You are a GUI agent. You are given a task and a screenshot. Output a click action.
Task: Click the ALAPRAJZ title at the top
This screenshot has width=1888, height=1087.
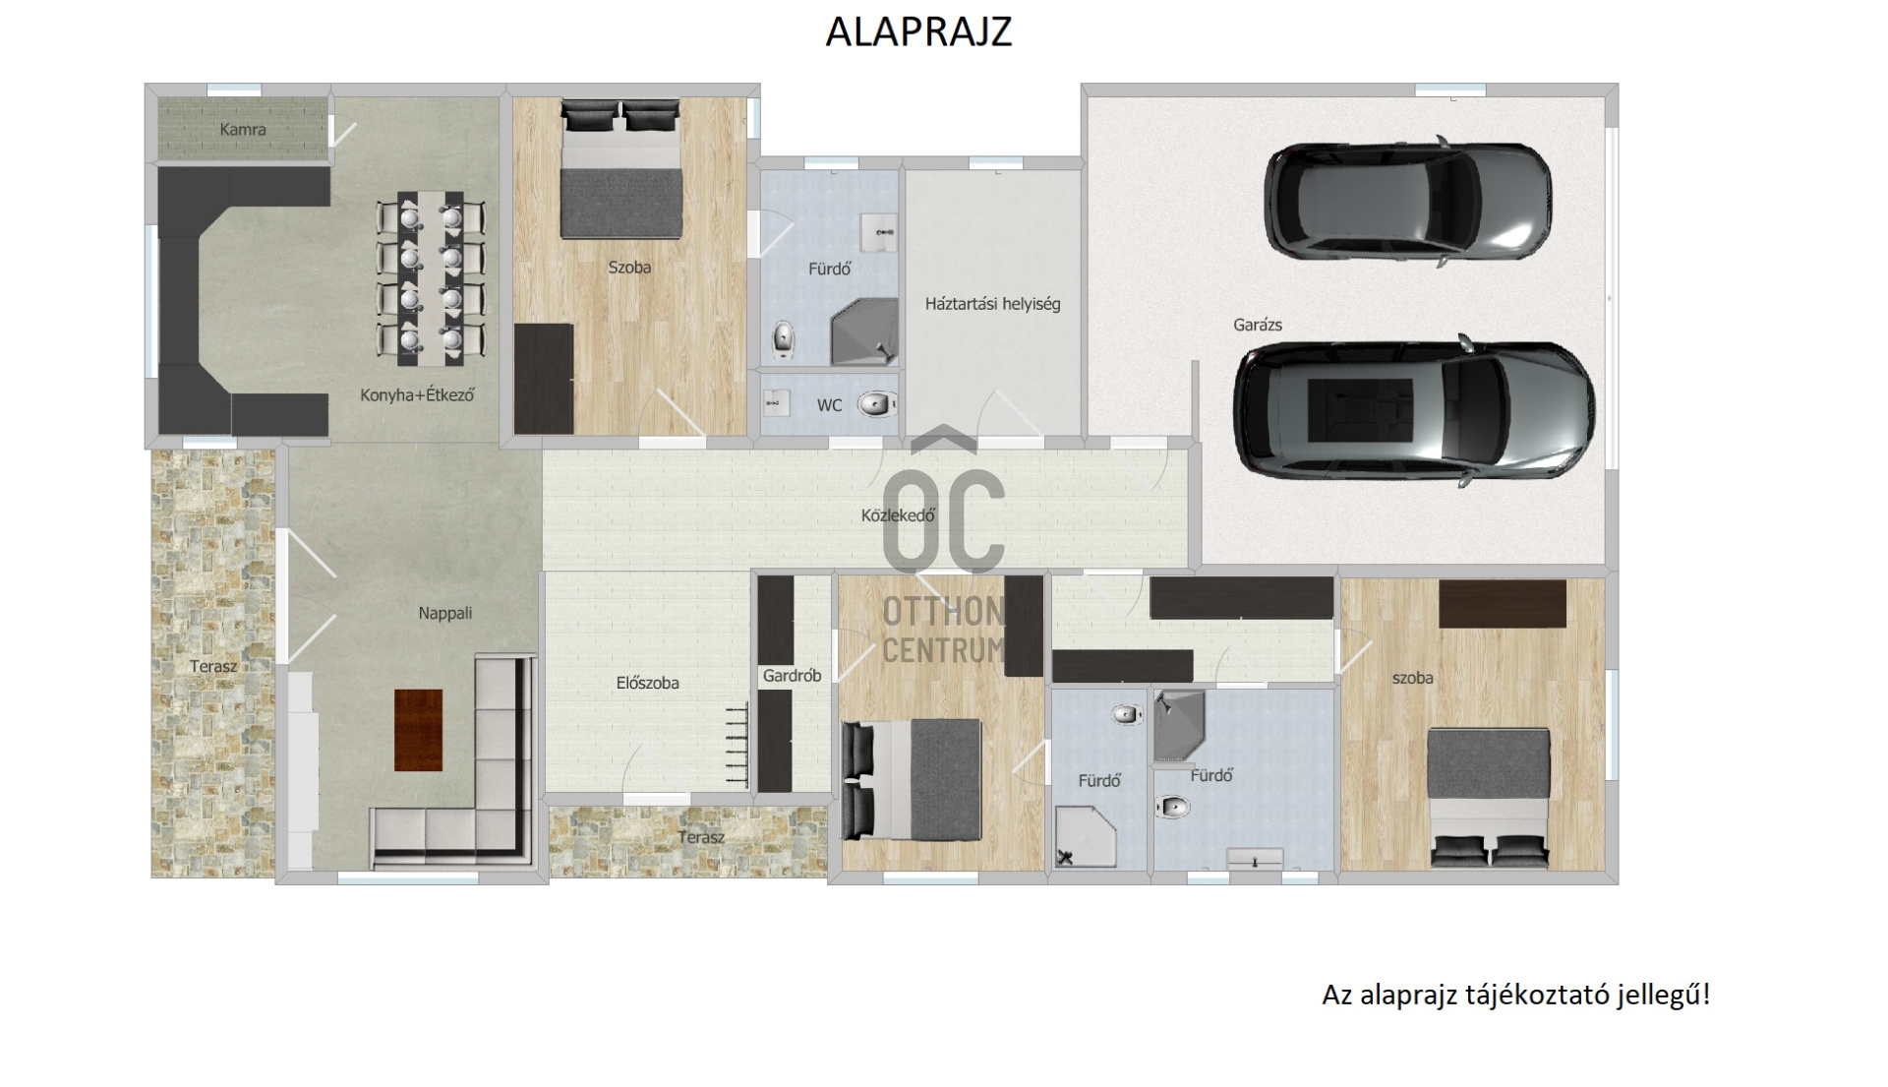[918, 31]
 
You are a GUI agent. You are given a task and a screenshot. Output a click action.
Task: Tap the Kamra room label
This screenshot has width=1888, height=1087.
[243, 129]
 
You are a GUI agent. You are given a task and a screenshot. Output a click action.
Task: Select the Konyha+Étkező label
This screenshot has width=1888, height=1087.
[417, 395]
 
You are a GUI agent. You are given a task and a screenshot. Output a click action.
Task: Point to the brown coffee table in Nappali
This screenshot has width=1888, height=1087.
[418, 730]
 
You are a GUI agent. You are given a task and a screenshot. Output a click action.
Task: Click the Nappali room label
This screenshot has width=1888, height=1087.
[445, 613]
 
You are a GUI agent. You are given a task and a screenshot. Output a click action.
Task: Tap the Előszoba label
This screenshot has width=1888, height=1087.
[647, 683]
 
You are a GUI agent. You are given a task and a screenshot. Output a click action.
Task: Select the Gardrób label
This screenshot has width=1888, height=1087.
[792, 676]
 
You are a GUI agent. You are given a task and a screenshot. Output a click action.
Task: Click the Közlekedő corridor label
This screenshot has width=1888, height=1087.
[898, 514]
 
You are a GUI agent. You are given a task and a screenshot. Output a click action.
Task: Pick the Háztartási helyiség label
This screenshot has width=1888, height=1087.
[992, 304]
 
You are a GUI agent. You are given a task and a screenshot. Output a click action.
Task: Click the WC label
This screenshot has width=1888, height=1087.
[829, 405]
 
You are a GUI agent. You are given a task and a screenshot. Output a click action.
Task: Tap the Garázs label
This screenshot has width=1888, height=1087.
[1258, 325]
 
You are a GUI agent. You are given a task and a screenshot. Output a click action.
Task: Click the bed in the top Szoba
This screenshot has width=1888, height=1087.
[621, 169]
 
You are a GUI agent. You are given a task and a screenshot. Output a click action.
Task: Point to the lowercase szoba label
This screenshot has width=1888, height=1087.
[1412, 678]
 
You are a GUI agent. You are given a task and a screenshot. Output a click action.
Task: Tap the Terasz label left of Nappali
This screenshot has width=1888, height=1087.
[213, 667]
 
